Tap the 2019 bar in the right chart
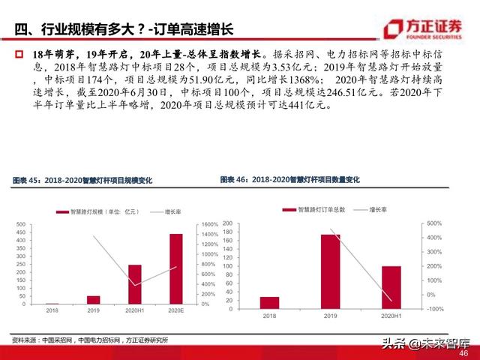330,271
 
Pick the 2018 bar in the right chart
269,302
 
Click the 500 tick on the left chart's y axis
21,224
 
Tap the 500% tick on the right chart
435,223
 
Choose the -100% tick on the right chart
435,308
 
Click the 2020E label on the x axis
175,310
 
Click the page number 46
463,353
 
